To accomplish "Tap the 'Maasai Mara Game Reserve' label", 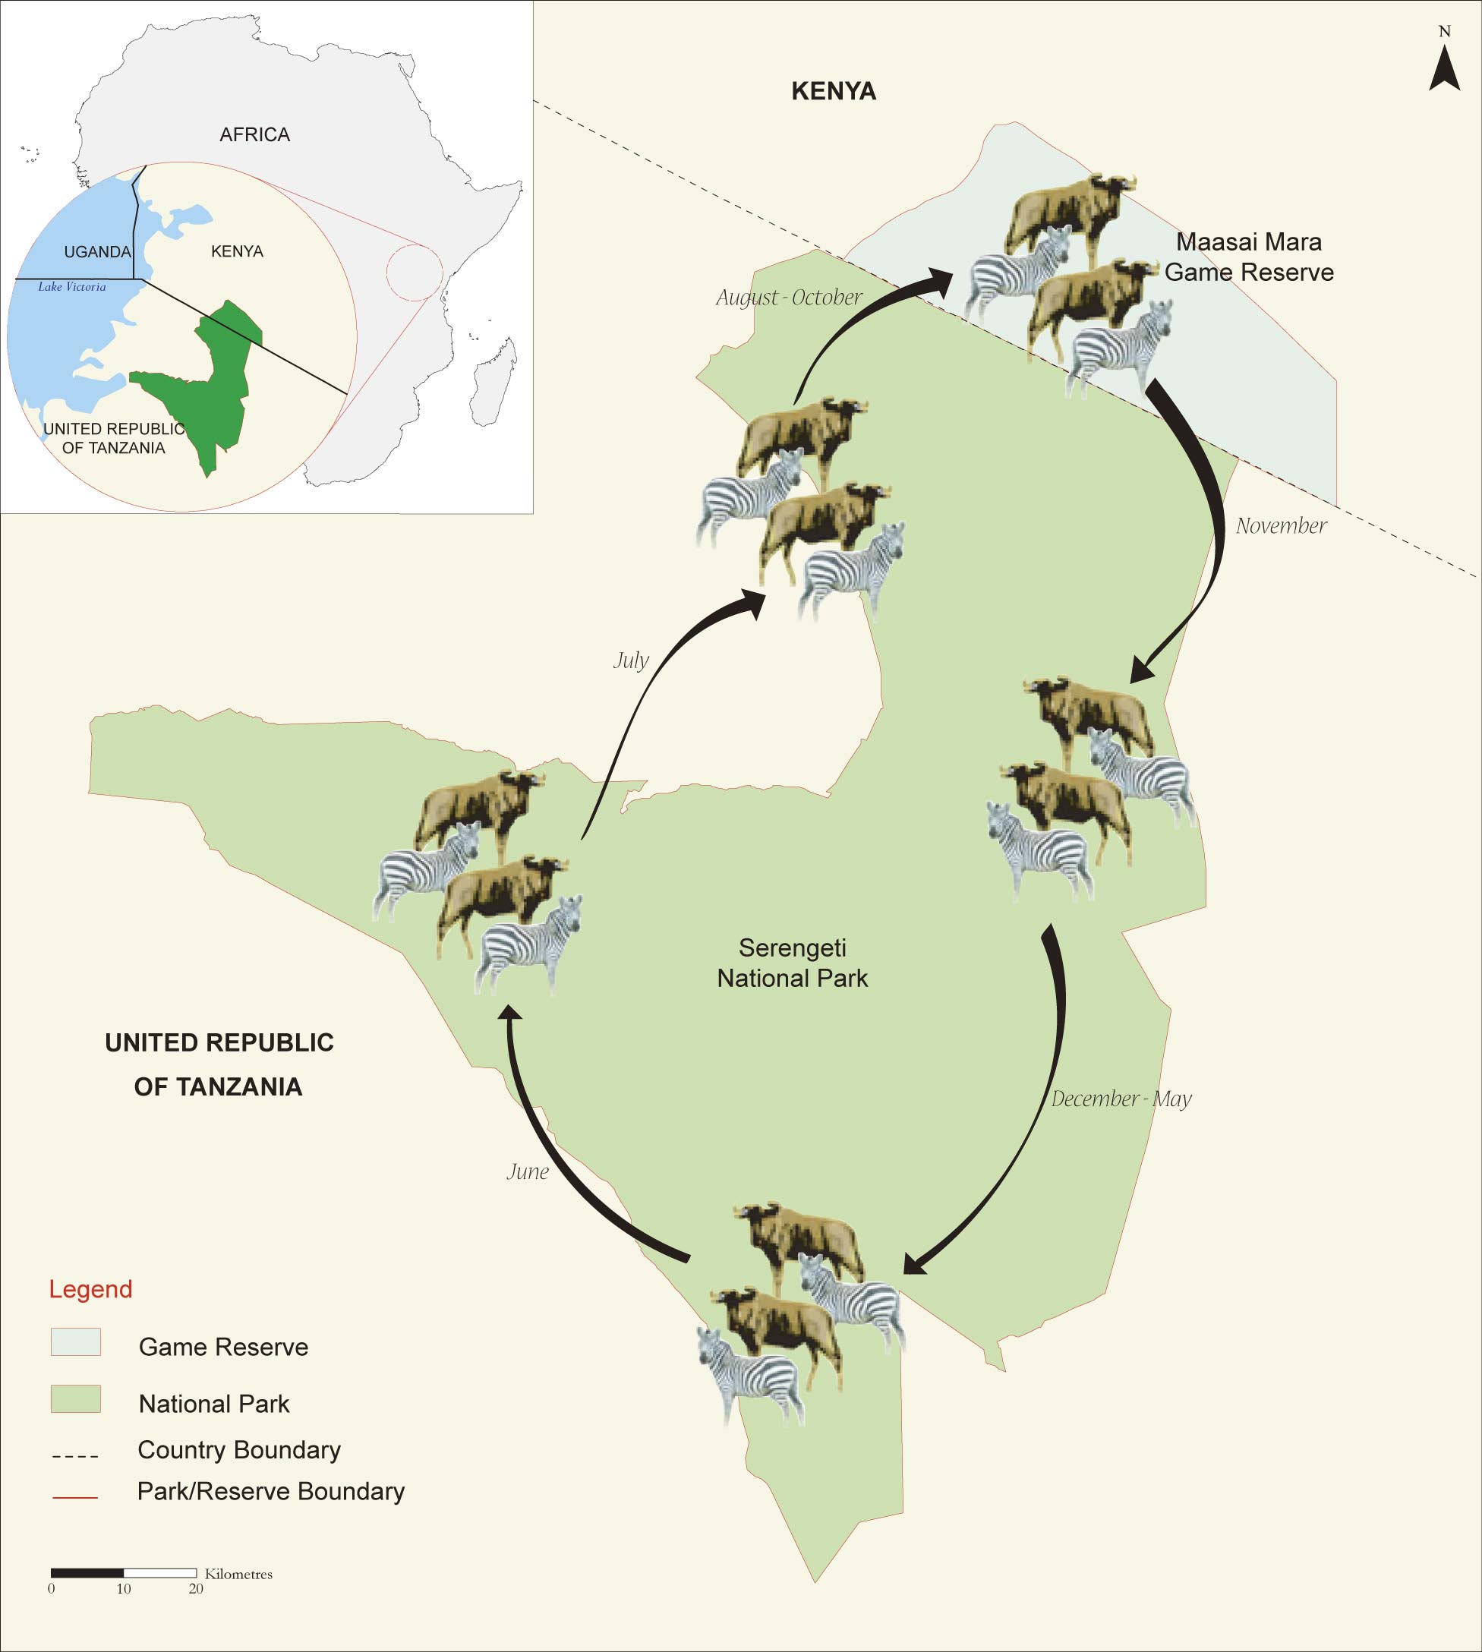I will coord(1248,257).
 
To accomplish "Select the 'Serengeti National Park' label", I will coord(793,963).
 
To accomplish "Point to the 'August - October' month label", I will coord(788,297).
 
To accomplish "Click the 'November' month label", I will coord(1281,526).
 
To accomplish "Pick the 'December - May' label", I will coord(1121,1099).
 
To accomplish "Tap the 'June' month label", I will coord(528,1171).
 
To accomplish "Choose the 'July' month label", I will coord(631,660).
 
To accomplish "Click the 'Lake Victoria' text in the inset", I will coord(71,287).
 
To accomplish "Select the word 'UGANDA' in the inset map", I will coord(97,251).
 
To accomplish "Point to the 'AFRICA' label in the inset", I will coord(255,134).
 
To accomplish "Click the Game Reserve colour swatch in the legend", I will coord(76,1341).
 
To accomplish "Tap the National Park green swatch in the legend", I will coord(76,1398).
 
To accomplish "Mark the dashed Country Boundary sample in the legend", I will coord(75,1455).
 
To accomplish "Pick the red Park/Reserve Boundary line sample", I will coord(75,1496).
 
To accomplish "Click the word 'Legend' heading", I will coord(90,1289).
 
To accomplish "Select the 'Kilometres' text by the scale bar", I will coord(238,1574).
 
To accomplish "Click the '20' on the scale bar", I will coord(195,1588).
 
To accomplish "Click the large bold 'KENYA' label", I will coord(833,91).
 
